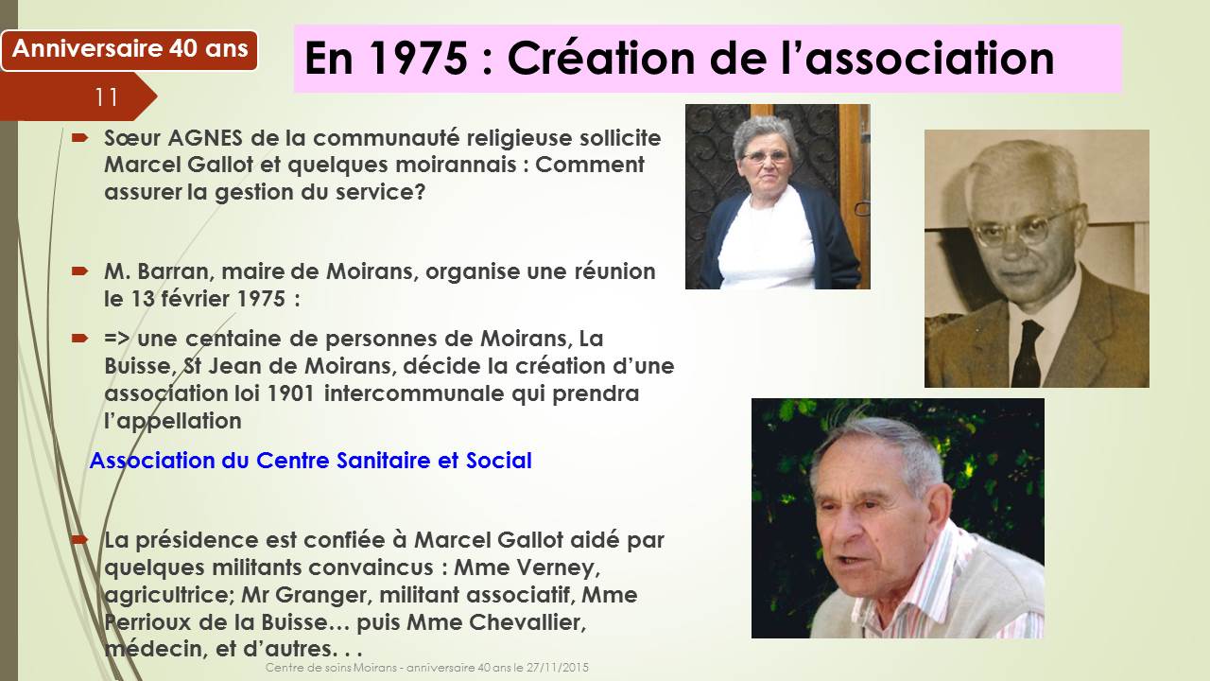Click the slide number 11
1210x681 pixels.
click(x=107, y=97)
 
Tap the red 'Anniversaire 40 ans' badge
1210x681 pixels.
click(x=130, y=50)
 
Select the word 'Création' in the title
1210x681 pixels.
click(x=600, y=58)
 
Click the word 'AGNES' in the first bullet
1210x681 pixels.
click(x=205, y=138)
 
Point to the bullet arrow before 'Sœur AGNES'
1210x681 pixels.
click(x=79, y=138)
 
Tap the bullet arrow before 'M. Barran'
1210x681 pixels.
click(x=79, y=271)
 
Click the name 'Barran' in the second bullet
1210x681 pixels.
click(x=173, y=271)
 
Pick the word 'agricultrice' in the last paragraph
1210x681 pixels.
click(x=169, y=595)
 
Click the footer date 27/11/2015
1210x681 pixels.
click(x=558, y=668)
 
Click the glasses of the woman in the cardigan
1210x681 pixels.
click(x=766, y=157)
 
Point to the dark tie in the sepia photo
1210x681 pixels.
click(x=1027, y=353)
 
